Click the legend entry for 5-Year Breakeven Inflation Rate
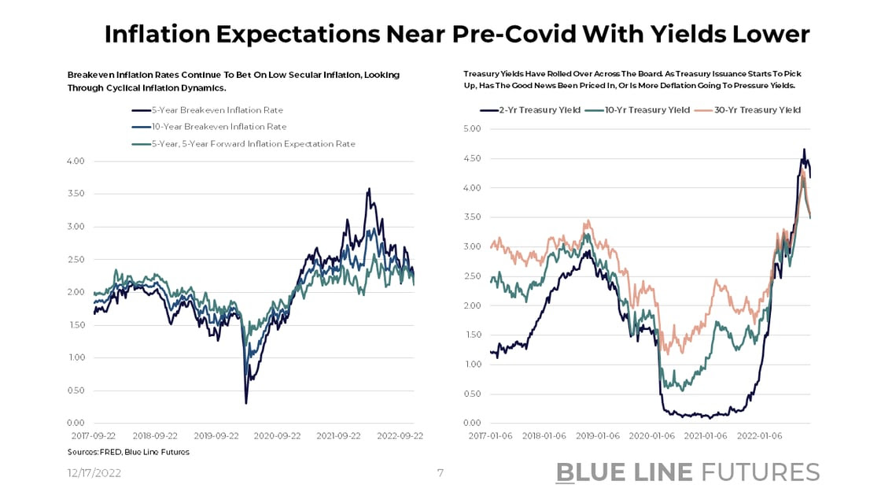tap(217, 110)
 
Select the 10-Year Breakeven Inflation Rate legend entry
tap(219, 127)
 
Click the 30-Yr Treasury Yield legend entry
tap(757, 110)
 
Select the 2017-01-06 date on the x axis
tap(490, 435)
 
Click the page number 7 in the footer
tap(440, 473)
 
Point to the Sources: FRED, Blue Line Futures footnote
tap(128, 452)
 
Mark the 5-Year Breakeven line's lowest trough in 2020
tap(246, 403)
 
